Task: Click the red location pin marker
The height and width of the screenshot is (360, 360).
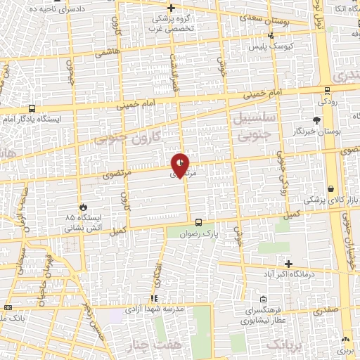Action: click(180, 165)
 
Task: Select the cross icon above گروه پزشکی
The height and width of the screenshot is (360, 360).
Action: click(171, 8)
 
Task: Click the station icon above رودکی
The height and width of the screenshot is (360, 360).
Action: click(327, 89)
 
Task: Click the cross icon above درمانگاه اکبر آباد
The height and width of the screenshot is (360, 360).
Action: click(288, 263)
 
